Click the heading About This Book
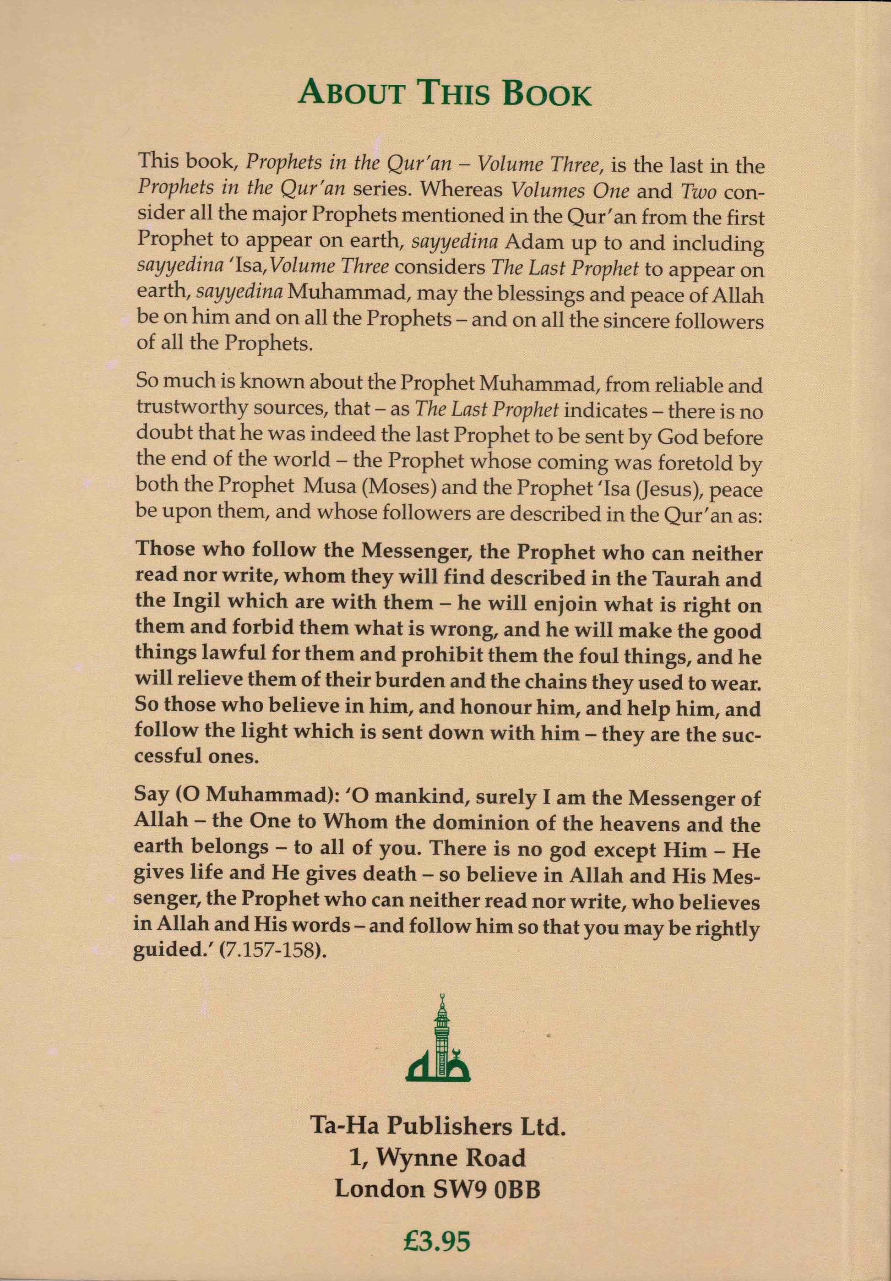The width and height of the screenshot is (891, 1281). [445, 93]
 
